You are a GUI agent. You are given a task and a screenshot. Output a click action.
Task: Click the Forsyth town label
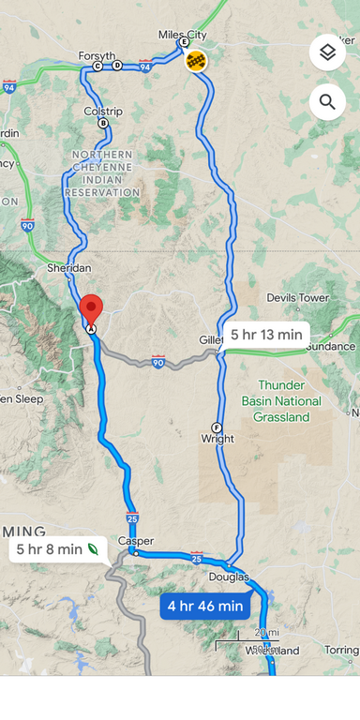97,55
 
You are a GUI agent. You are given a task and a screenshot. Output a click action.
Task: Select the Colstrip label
103,111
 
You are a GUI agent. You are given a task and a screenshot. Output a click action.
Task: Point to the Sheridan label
68,268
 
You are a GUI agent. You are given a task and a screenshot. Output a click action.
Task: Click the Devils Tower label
297,298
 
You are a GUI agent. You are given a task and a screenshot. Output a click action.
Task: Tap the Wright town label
217,438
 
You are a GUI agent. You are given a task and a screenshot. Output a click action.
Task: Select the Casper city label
136,541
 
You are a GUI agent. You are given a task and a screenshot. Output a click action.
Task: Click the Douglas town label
229,577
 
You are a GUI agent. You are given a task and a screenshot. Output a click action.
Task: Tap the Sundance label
330,346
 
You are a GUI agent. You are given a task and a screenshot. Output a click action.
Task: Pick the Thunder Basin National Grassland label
289,401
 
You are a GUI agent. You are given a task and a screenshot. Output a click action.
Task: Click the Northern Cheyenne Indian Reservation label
102,173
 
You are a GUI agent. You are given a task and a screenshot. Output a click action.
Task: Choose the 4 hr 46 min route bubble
204,607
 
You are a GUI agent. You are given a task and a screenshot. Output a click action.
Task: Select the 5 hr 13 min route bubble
266,335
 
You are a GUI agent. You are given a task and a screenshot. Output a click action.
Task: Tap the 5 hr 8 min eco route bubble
59,549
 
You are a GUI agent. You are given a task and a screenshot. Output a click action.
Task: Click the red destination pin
91,309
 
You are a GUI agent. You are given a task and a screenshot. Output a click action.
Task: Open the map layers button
327,52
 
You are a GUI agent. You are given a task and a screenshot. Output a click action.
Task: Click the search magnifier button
327,101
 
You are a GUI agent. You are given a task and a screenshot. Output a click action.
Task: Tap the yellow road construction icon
196,62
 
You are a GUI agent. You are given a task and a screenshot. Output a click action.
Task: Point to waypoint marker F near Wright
217,427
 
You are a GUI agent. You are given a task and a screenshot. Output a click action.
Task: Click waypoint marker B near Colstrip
103,123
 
